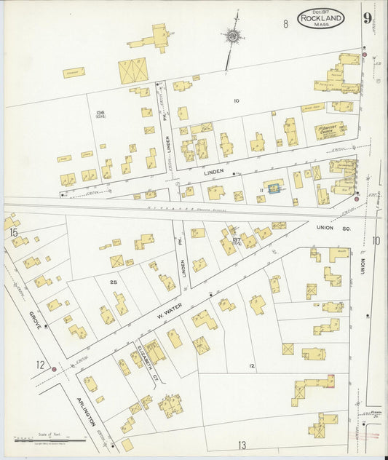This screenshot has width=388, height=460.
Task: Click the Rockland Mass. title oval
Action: coord(320,18)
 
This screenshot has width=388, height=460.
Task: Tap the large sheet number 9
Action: coord(368,19)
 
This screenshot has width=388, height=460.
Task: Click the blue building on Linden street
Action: coord(274,188)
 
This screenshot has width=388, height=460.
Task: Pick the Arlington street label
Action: coord(87,411)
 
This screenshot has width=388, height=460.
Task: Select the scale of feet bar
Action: coord(50,440)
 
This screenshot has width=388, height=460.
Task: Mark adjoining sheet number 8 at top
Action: coord(286,24)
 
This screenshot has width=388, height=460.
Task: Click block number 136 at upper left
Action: coord(100,113)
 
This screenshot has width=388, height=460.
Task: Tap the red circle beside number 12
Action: coord(54,370)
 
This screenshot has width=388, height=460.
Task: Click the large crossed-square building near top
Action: coord(132,71)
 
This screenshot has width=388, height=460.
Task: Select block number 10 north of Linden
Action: coord(236,100)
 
